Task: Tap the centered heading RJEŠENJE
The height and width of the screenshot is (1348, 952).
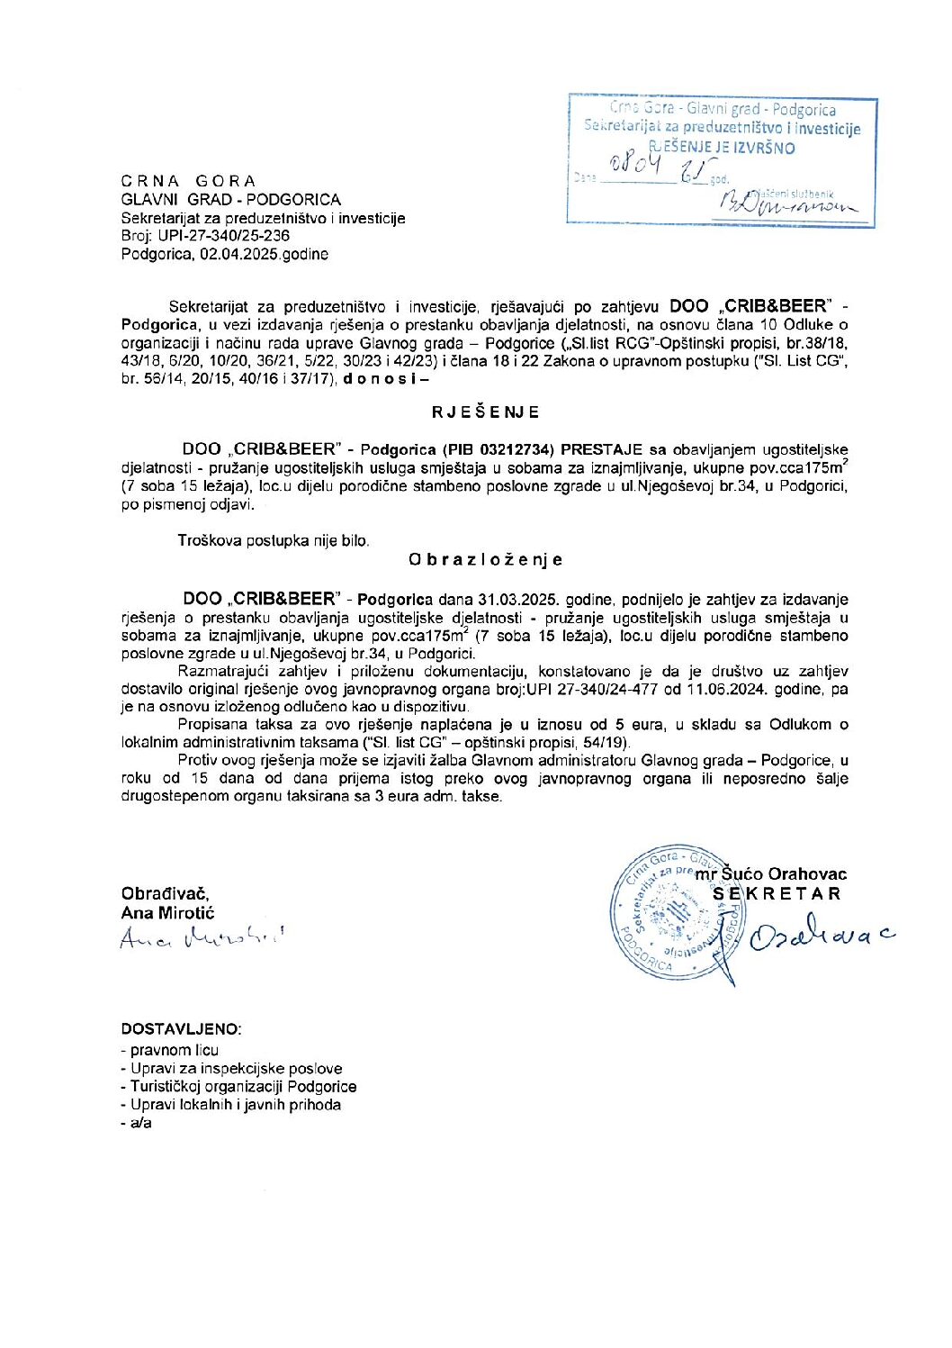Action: pos(486,412)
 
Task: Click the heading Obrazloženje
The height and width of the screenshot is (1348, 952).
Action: pos(486,559)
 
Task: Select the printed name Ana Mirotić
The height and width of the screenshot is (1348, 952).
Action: pos(168,913)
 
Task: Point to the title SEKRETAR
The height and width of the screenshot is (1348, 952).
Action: pos(777,894)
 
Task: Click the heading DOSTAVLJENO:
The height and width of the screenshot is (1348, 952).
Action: pos(181,1029)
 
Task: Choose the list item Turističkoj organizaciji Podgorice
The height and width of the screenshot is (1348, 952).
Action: pos(243,1087)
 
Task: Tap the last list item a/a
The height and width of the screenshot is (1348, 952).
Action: pos(140,1123)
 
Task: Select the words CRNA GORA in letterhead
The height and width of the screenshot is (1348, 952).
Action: pos(189,181)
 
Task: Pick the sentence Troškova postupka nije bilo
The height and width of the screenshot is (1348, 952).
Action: pos(274,541)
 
